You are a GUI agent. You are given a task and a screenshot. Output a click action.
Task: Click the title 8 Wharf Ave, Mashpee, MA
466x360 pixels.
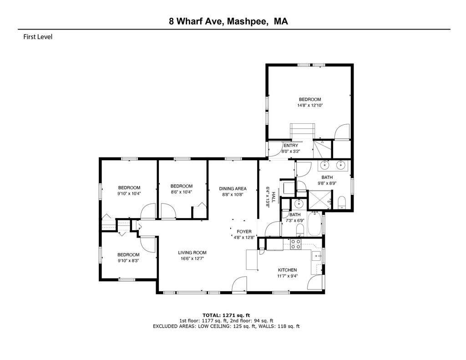(228, 21)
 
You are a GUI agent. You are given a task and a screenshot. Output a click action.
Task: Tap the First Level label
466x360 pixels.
(38, 37)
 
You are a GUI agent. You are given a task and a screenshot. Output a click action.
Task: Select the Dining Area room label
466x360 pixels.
(233, 188)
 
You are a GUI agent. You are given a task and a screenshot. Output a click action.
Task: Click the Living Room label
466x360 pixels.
(192, 253)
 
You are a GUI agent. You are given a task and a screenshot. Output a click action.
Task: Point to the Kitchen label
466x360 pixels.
(287, 270)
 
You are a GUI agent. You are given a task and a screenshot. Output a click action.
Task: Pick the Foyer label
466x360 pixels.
(244, 232)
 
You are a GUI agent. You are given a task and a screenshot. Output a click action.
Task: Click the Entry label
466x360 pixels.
(291, 145)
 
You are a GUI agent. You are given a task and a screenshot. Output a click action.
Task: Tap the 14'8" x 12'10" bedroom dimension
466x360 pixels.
(310, 105)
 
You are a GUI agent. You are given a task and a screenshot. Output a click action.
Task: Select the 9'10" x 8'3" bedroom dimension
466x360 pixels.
(128, 260)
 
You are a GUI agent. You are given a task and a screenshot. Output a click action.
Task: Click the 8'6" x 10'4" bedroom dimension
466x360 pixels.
(182, 192)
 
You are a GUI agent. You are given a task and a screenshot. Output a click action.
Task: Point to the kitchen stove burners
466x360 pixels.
(295, 244)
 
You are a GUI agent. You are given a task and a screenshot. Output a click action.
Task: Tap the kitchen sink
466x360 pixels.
(316, 255)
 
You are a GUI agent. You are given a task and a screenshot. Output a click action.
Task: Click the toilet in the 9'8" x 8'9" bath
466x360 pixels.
(342, 203)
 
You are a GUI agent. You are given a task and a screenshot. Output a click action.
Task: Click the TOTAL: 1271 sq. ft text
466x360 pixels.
(226, 315)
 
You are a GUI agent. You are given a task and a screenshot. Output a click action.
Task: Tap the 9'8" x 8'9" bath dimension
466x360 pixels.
(327, 183)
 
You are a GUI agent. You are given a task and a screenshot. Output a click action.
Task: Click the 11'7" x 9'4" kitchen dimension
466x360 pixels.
(287, 275)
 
